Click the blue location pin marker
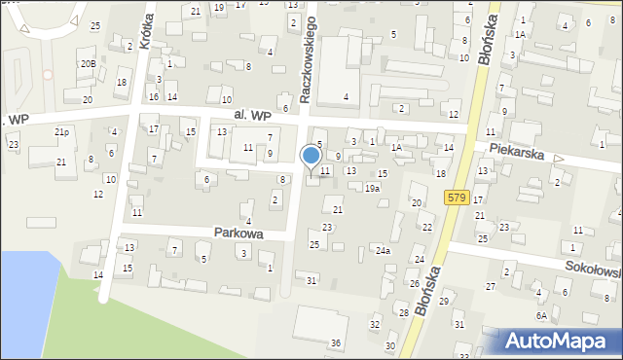pyautogui.click(x=311, y=157)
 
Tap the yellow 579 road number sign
pyautogui.click(x=458, y=198)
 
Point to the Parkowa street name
pyautogui.click(x=239, y=234)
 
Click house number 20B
pyautogui.click(x=88, y=63)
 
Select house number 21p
pyautogui.click(x=61, y=131)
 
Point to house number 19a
pyautogui.click(x=372, y=188)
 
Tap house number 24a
pyautogui.click(x=384, y=250)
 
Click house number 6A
pyautogui.click(x=540, y=315)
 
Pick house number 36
pyautogui.click(x=335, y=342)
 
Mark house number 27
pyautogui.click(x=490, y=286)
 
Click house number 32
pyautogui.click(x=374, y=324)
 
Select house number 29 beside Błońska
pyautogui.click(x=443, y=302)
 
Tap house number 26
pyautogui.click(x=414, y=283)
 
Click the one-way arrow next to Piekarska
pyautogui.click(x=559, y=158)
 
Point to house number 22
pyautogui.click(x=427, y=227)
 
